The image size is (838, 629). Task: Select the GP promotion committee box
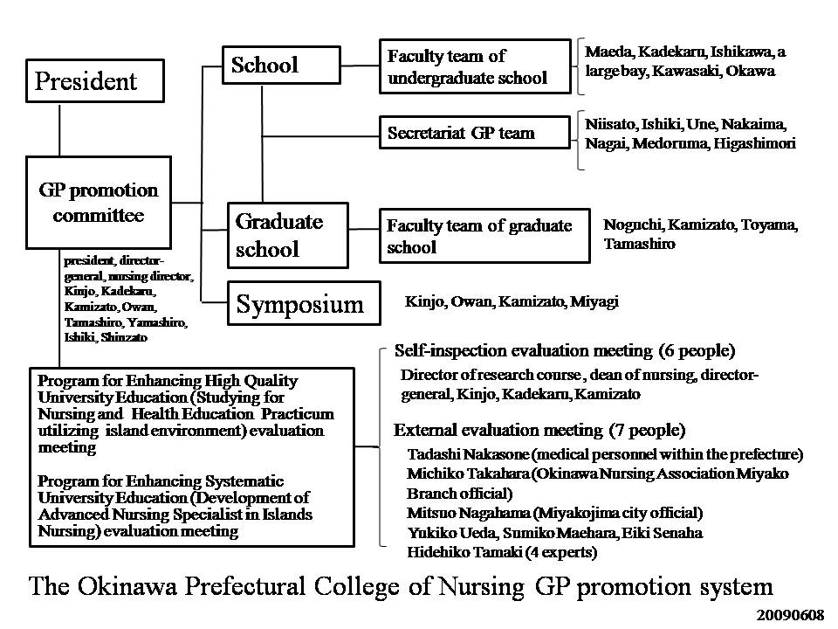98,202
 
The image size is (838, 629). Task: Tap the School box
264,65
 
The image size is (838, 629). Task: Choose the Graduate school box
287,234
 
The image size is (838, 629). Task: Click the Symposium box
304,304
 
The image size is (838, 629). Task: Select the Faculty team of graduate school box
484,236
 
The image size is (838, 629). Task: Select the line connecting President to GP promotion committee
60,129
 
